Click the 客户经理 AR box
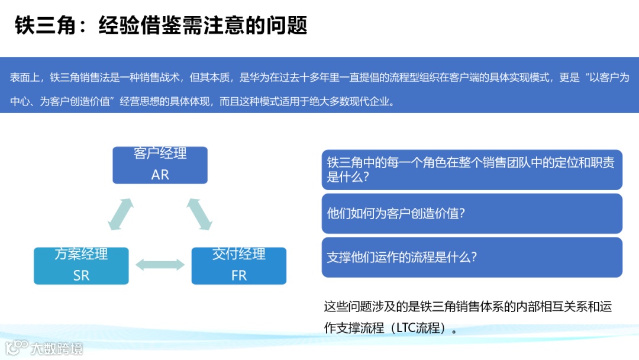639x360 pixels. point(160,165)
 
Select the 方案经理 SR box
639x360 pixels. point(81,265)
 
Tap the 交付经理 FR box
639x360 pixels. point(238,265)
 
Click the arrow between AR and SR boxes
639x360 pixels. point(121,214)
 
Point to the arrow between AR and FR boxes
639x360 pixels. point(199,214)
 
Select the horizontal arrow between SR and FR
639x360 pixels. point(160,265)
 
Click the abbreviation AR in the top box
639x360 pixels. point(160,175)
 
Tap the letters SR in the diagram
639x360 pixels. point(81,275)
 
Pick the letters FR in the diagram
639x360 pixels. point(238,275)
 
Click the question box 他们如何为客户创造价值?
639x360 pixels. point(472,214)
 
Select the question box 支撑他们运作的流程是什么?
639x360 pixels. point(472,258)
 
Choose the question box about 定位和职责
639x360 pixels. point(472,170)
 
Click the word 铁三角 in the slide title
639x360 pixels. point(39,25)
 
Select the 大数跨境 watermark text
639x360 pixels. point(57,348)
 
